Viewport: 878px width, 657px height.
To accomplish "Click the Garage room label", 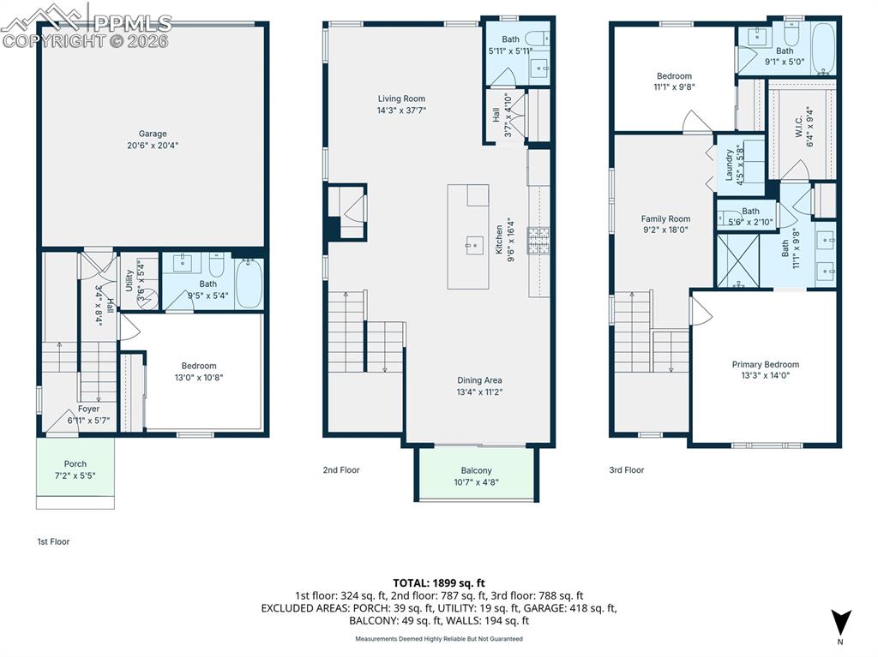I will pos(153,134).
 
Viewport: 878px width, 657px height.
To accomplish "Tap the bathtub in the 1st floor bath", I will pos(250,283).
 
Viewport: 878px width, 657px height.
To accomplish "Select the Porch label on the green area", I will pos(75,464).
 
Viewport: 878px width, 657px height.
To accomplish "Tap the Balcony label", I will pos(476,470).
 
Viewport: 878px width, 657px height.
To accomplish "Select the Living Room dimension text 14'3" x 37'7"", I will pos(401,110).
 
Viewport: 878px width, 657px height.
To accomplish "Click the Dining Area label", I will pos(478,380).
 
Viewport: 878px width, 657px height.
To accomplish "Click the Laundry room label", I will pos(730,165).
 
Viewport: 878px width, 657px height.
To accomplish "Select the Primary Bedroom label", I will pos(765,364).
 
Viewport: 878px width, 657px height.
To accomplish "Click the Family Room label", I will pos(665,219).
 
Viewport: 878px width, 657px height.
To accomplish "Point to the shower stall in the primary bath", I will pos(737,258).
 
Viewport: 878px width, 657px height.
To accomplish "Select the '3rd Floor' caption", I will pos(626,469).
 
